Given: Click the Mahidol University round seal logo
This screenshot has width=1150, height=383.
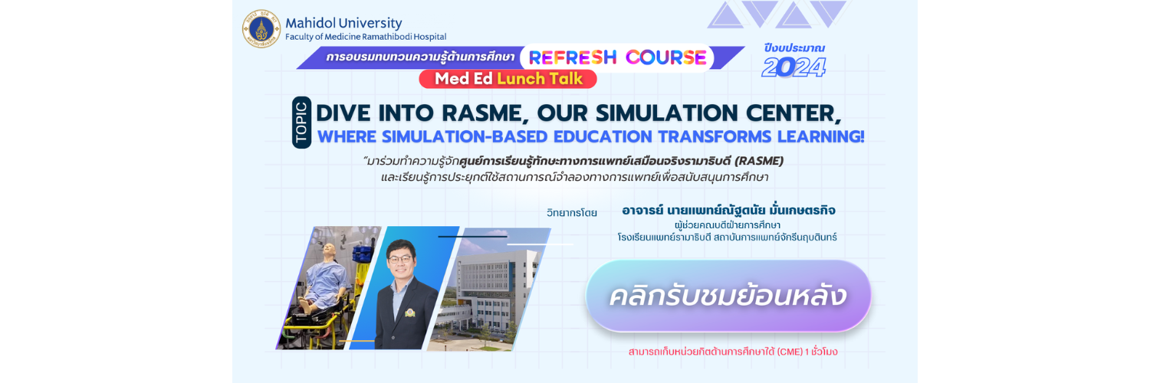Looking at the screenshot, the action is (261, 28).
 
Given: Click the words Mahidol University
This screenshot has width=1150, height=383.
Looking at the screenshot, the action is (343, 23).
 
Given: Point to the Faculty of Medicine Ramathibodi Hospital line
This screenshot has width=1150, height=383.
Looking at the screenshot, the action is (366, 37).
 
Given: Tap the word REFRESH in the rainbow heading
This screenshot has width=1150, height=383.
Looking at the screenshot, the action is (573, 57).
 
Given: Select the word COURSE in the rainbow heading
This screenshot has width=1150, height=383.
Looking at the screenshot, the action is (666, 57).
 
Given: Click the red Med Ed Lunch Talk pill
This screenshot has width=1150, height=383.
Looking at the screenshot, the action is (508, 79).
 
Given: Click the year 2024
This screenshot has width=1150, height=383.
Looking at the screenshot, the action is (793, 67).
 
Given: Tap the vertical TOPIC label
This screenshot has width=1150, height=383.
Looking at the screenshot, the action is (301, 122).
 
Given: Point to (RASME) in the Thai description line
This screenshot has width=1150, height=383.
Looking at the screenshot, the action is (759, 161).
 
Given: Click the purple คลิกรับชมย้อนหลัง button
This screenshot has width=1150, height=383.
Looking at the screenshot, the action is (728, 296).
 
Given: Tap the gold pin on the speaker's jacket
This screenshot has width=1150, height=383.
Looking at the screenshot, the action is (409, 313).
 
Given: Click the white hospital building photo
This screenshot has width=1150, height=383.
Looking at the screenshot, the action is (488, 290).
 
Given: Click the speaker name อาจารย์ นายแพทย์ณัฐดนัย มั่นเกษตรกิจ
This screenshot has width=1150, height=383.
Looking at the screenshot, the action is (728, 210).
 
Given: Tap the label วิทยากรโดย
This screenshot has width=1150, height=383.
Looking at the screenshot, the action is (571, 213).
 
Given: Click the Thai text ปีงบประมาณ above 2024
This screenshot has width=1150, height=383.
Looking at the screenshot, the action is (793, 48).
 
